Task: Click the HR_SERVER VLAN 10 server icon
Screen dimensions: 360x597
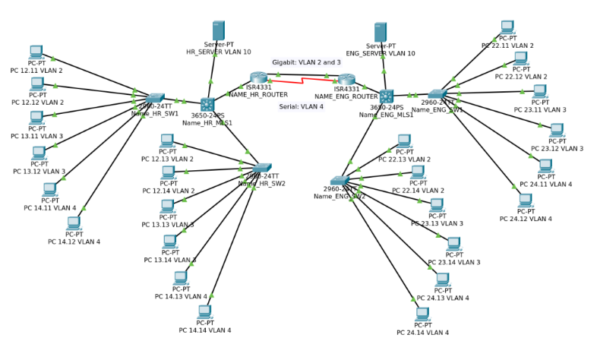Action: coord(218,30)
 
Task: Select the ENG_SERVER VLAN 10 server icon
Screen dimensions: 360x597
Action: coord(381,32)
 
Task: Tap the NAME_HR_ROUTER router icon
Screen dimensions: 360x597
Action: coord(259,77)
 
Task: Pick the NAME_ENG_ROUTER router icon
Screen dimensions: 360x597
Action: coord(346,80)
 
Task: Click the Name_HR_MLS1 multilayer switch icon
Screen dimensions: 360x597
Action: coord(207,104)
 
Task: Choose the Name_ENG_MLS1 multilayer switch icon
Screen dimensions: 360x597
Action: coord(387,96)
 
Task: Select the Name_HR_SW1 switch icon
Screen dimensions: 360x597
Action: coord(156,99)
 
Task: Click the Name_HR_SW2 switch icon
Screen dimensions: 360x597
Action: coord(261,168)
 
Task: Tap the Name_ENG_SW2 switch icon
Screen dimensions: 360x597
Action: coord(340,181)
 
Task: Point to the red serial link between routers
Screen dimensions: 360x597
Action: coord(303,79)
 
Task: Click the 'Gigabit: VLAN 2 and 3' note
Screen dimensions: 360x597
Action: coord(306,62)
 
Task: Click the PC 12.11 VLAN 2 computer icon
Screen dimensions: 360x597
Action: coord(36,52)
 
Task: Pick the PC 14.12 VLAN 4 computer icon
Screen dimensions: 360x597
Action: coord(74,223)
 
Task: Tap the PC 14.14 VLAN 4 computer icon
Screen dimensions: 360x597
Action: coord(204,311)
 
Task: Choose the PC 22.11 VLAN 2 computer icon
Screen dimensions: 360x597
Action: coord(507,27)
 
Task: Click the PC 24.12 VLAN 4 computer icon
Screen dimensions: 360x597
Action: coord(525,201)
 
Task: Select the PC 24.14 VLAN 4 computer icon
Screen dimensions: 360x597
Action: coord(422,314)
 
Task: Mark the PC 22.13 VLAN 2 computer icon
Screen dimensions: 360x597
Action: coord(404,141)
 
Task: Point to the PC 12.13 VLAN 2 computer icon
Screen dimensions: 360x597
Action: coord(166,141)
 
